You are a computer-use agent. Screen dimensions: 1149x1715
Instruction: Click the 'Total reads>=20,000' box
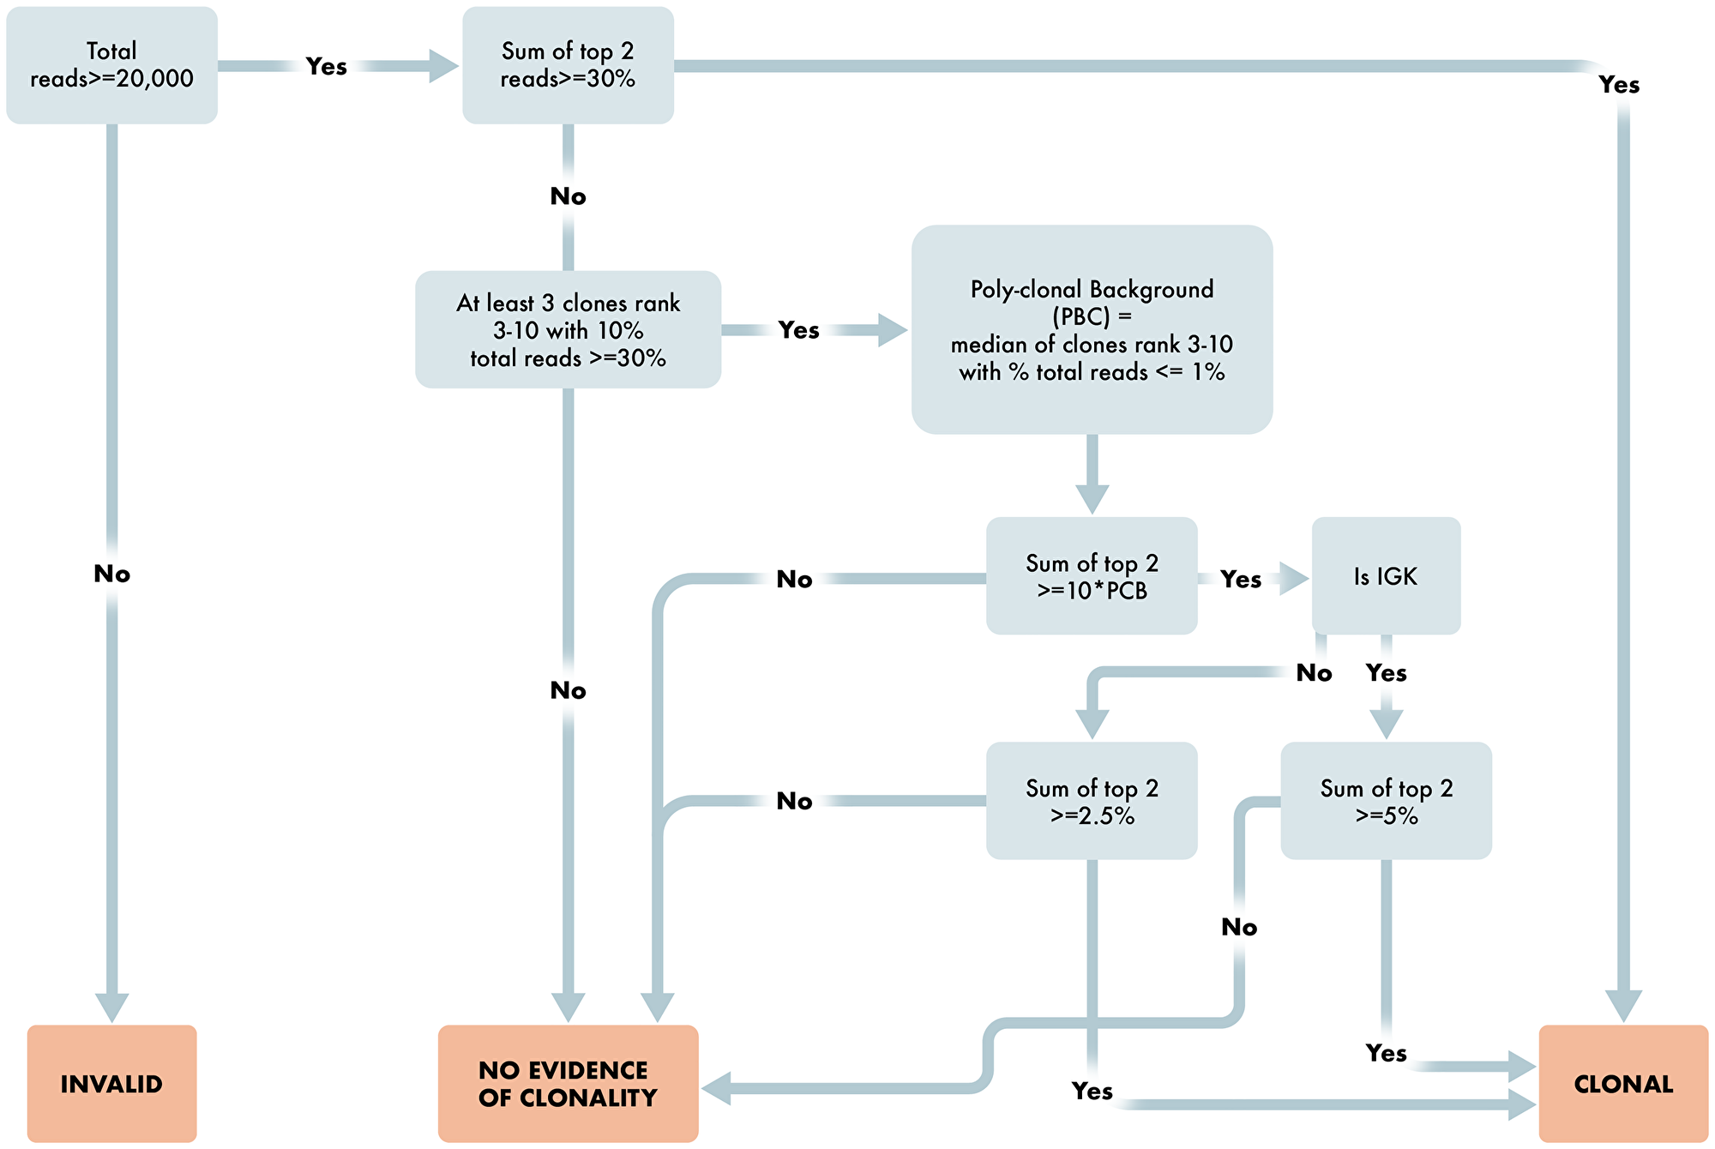coord(111,65)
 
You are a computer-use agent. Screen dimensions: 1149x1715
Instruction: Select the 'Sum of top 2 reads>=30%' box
coord(568,65)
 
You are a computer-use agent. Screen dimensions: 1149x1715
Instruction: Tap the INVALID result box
coord(111,1084)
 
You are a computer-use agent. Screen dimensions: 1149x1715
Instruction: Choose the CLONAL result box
coord(1622,1084)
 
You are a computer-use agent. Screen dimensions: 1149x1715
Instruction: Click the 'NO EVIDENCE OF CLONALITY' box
coord(568,1084)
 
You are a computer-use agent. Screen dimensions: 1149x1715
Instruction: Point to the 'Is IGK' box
coord(1386,576)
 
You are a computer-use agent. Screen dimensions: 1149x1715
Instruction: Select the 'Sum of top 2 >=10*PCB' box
coord(1091,576)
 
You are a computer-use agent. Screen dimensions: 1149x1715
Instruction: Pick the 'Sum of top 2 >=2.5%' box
coord(1091,801)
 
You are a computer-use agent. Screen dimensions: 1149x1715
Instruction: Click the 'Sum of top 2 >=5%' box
coord(1386,801)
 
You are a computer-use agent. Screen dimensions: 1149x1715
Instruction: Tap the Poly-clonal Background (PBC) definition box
coord(1091,330)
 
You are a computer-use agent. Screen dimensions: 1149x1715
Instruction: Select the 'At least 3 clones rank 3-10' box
coord(568,330)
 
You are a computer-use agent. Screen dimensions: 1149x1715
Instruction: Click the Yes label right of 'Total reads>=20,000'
coord(327,66)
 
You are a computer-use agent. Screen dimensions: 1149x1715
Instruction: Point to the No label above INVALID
coord(111,574)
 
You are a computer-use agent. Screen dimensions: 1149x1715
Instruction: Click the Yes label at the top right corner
coord(1619,85)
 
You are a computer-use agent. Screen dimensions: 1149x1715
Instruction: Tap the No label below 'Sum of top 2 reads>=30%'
coord(568,196)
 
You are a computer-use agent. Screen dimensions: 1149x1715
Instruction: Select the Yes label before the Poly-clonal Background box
coord(798,330)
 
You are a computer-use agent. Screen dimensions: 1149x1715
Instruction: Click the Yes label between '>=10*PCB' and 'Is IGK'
coord(1241,580)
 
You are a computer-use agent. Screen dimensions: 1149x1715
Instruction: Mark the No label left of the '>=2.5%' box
coord(794,801)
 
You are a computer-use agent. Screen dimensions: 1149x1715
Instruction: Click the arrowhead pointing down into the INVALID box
coord(111,1008)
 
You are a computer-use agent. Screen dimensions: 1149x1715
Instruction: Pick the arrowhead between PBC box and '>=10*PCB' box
coord(1092,498)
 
